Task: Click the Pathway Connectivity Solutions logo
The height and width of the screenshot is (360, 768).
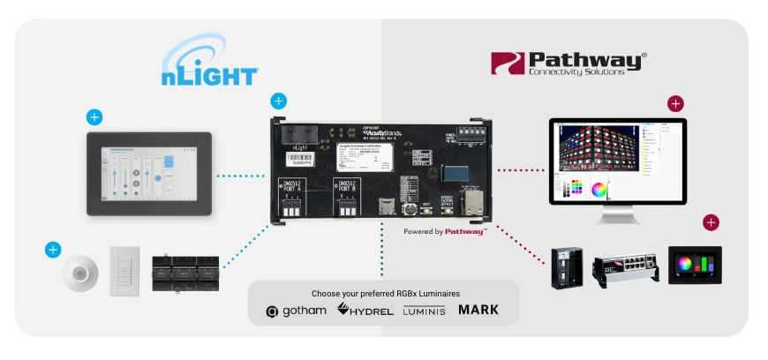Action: (x=568, y=63)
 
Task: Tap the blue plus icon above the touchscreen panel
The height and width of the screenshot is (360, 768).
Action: (x=94, y=116)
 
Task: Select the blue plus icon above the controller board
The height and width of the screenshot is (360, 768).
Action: (x=279, y=101)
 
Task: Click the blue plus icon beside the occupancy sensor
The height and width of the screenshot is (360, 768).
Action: (x=52, y=250)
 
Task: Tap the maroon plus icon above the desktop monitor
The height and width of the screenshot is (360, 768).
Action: (x=675, y=104)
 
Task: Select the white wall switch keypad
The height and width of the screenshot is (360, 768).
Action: (x=124, y=271)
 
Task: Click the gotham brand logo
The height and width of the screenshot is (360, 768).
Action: (x=297, y=310)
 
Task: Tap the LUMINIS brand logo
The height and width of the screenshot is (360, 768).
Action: (x=424, y=311)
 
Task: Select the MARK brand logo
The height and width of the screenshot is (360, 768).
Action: (x=478, y=310)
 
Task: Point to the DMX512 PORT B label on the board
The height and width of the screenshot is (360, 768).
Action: (x=348, y=187)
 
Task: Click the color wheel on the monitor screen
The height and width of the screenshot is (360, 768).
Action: (x=599, y=188)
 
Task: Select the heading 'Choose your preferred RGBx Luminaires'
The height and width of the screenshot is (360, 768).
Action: (x=383, y=293)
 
